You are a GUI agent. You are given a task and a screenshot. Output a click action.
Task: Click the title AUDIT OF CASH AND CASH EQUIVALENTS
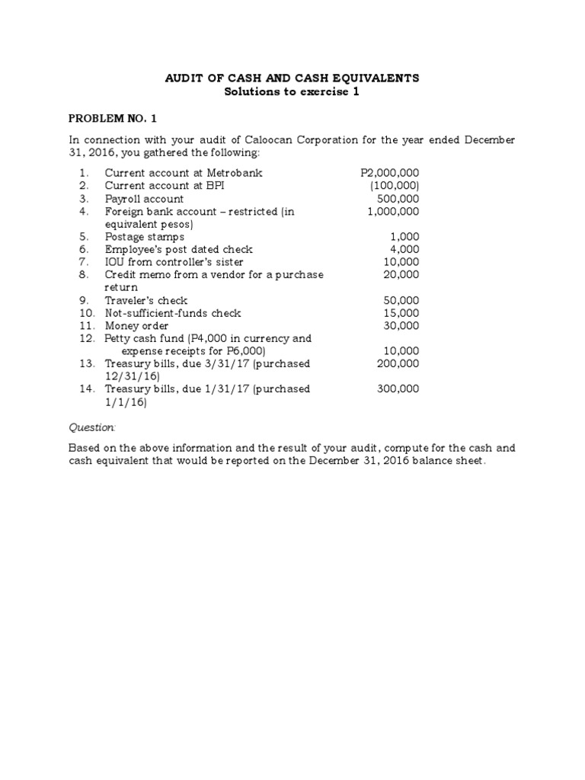[x=292, y=78]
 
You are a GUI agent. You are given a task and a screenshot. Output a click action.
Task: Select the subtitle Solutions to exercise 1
[x=292, y=92]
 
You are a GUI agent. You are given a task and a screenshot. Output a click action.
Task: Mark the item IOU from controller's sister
[x=174, y=262]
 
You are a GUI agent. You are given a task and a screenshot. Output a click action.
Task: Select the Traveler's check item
[x=146, y=300]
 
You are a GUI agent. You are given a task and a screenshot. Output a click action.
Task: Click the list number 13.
[x=86, y=363]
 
